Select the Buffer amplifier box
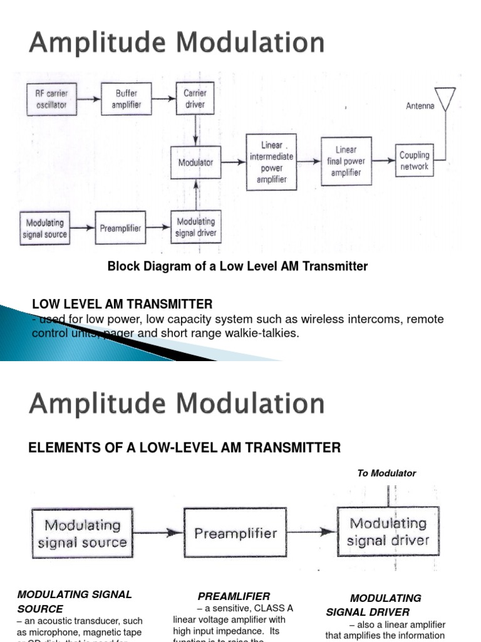coord(127,99)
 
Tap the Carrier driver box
coord(195,99)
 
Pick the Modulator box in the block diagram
coord(196,162)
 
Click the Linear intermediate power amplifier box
coord(271,162)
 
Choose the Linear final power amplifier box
coord(346,161)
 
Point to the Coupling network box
coord(414,160)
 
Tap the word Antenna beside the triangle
coord(420,107)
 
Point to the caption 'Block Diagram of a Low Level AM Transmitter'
coord(237,266)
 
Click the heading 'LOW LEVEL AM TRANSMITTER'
coord(122,304)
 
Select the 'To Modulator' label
coord(386,473)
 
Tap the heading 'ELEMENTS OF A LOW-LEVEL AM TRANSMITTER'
coord(185,448)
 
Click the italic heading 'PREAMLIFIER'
coord(234,596)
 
